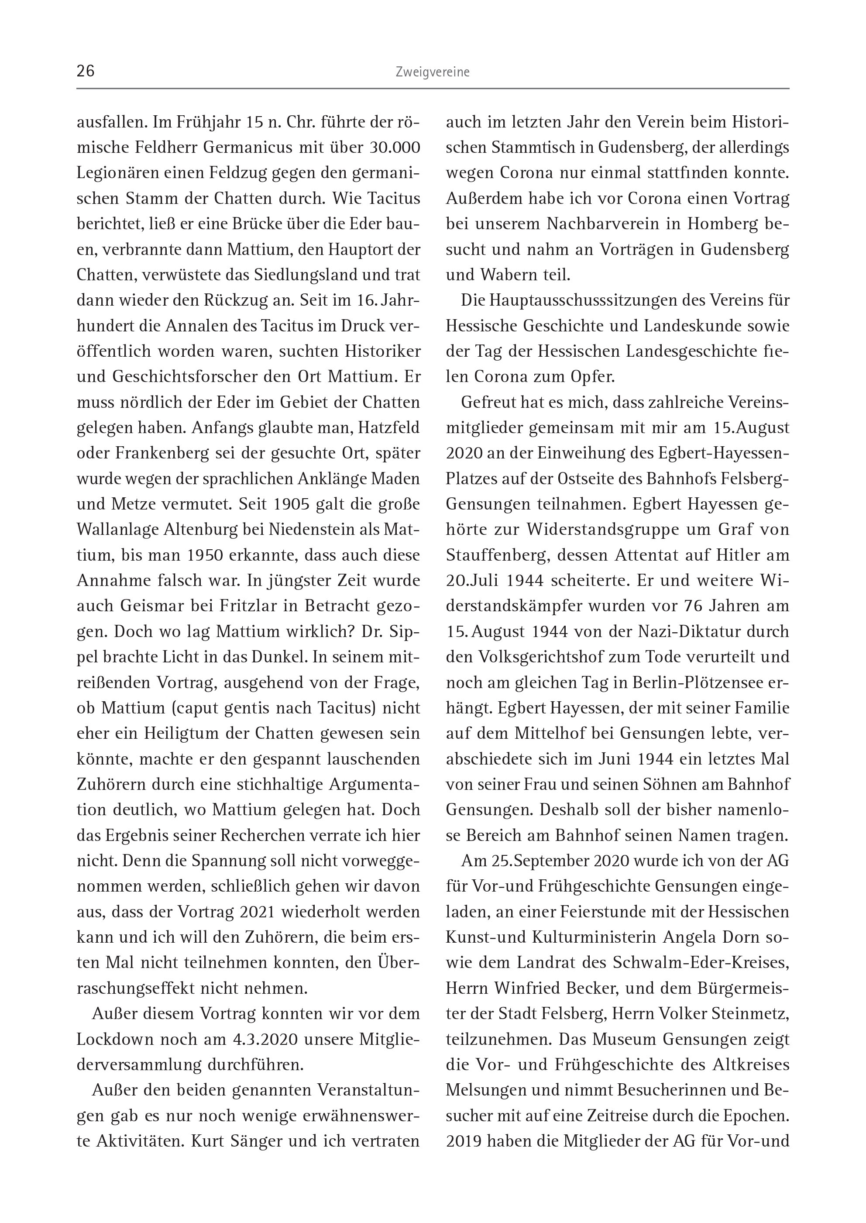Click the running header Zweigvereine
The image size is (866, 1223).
433,72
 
